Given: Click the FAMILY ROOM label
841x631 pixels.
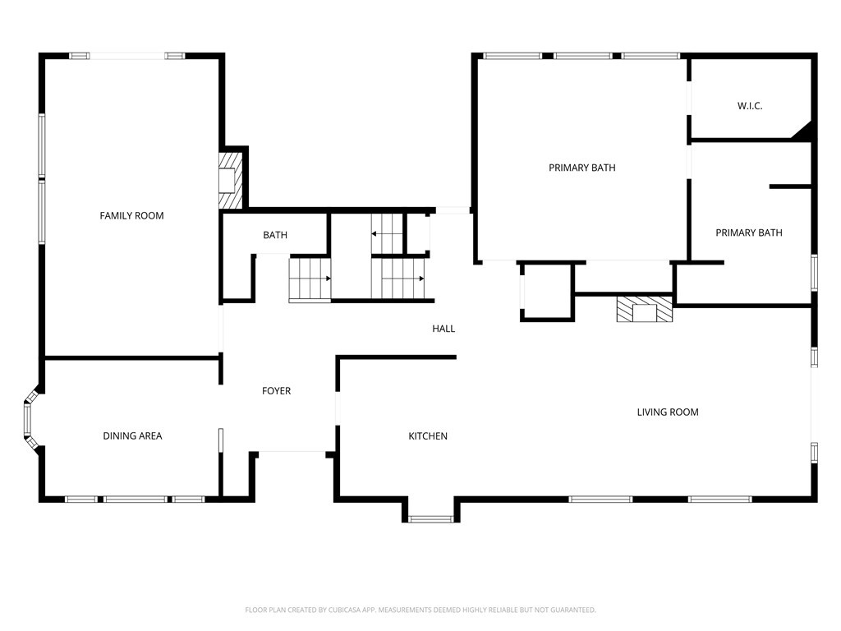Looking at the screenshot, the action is (x=131, y=216).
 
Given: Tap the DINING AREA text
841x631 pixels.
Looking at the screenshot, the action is (x=132, y=436).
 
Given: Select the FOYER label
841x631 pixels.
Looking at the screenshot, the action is (x=276, y=391).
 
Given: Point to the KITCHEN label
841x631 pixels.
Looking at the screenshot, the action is (x=428, y=436).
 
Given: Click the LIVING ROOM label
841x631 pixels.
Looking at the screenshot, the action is (x=668, y=412).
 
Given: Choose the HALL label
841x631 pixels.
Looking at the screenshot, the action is (x=443, y=329).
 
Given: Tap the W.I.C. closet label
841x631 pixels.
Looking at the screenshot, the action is (x=749, y=106).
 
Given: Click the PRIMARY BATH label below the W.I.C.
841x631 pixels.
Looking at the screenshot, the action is (x=749, y=233).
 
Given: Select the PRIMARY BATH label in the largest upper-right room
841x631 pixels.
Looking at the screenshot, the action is (x=582, y=168).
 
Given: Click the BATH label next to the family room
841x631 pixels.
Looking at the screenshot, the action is (x=275, y=235).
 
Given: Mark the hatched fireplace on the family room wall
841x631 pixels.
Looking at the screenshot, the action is (x=230, y=180).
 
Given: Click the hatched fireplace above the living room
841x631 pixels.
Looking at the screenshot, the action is (x=644, y=309).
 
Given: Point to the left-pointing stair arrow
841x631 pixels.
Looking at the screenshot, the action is (x=386, y=234).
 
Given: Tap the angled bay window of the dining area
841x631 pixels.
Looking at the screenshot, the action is (x=30, y=420).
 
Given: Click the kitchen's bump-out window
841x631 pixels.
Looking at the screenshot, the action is (x=430, y=519).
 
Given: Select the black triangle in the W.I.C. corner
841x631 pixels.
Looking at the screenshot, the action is (x=803, y=132).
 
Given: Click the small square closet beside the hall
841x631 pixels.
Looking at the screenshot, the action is (x=546, y=292).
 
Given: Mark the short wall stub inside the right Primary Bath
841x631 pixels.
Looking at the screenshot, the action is (x=790, y=187).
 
